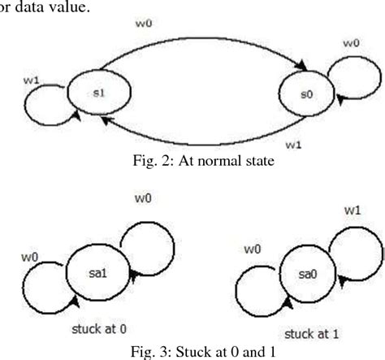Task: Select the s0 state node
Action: (x=305, y=96)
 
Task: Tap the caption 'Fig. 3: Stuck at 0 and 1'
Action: (x=192, y=352)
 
